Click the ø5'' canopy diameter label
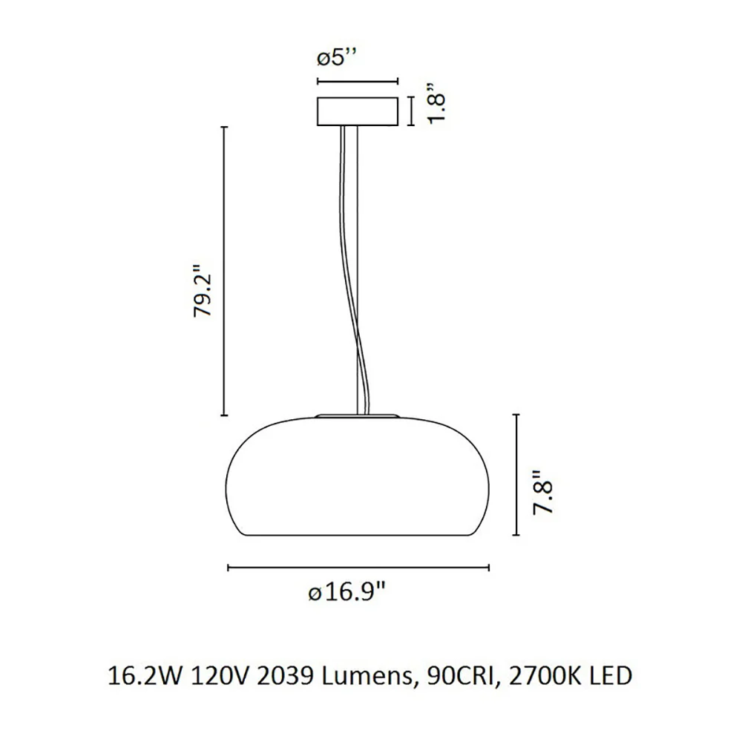pyautogui.click(x=336, y=59)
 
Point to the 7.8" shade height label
pyautogui.click(x=543, y=492)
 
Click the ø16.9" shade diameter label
pyautogui.click(x=347, y=592)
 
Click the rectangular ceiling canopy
pyautogui.click(x=358, y=112)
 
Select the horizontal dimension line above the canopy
pyautogui.click(x=358, y=82)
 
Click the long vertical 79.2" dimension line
pyautogui.click(x=225, y=271)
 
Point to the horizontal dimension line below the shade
pyautogui.click(x=358, y=568)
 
